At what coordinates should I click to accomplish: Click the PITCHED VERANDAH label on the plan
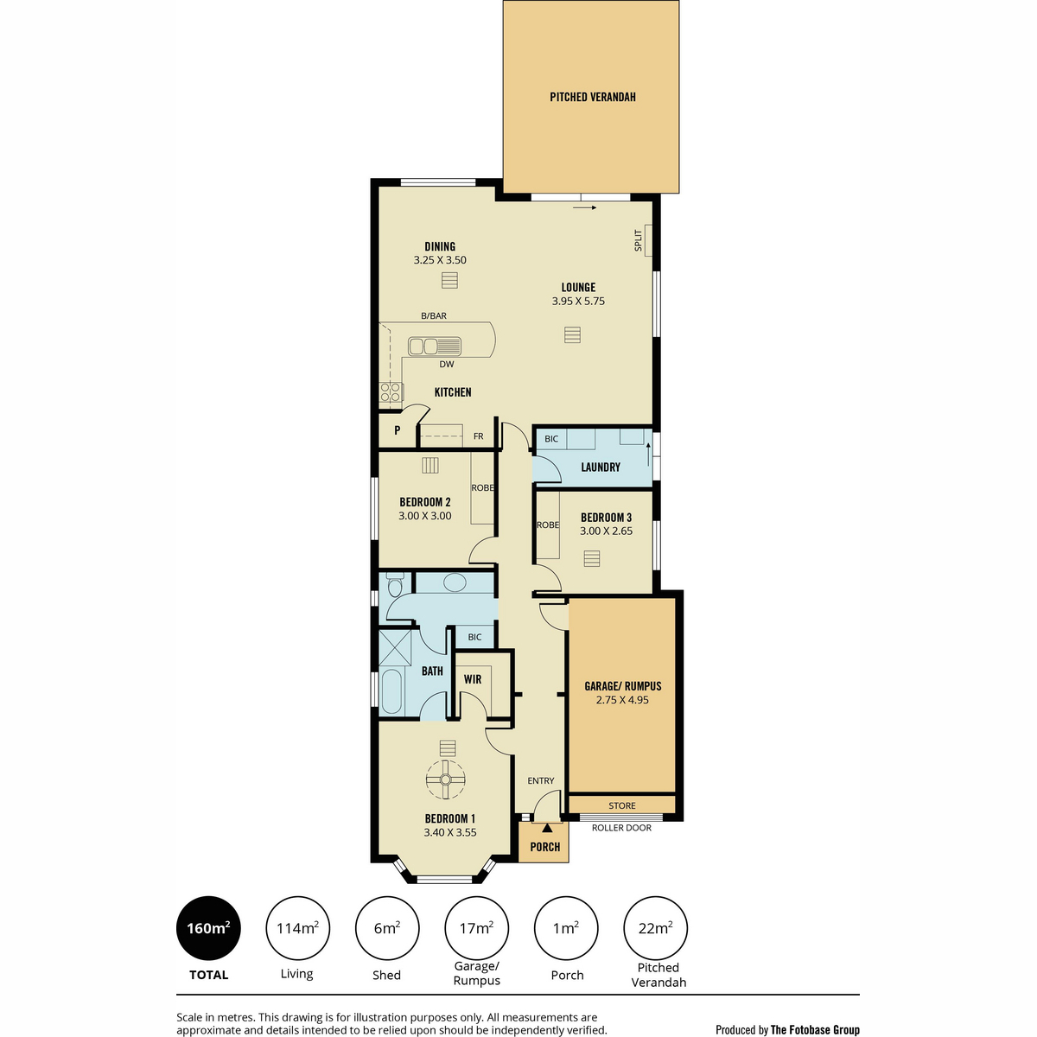pyautogui.click(x=593, y=97)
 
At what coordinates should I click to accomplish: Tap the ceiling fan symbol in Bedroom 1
pyautogui.click(x=445, y=779)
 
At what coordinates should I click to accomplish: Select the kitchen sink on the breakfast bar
pyautogui.click(x=435, y=347)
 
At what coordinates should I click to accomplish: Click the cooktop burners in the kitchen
pyautogui.click(x=391, y=391)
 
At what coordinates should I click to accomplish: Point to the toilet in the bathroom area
pyautogui.click(x=395, y=587)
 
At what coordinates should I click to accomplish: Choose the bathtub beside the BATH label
pyautogui.click(x=391, y=690)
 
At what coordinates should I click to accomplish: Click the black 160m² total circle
pyautogui.click(x=208, y=928)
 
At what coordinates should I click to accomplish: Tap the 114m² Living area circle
pyautogui.click(x=297, y=928)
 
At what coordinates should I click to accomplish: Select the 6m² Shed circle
pyautogui.click(x=387, y=928)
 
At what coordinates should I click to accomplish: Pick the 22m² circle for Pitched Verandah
pyautogui.click(x=655, y=928)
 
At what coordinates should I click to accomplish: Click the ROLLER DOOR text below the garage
pyautogui.click(x=621, y=828)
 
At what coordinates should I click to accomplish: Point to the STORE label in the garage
pyautogui.click(x=622, y=805)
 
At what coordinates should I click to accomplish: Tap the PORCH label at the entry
pyautogui.click(x=545, y=847)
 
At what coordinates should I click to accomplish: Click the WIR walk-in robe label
pyautogui.click(x=473, y=679)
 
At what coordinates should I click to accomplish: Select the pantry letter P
pyautogui.click(x=398, y=430)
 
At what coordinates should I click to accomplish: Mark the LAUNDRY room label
pyautogui.click(x=601, y=468)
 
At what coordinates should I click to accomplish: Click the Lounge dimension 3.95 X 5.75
pyautogui.click(x=578, y=302)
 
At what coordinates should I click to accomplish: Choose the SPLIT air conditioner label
pyautogui.click(x=639, y=240)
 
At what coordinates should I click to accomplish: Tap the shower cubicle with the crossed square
pyautogui.click(x=395, y=648)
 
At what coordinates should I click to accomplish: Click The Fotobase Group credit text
pyautogui.click(x=815, y=1030)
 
